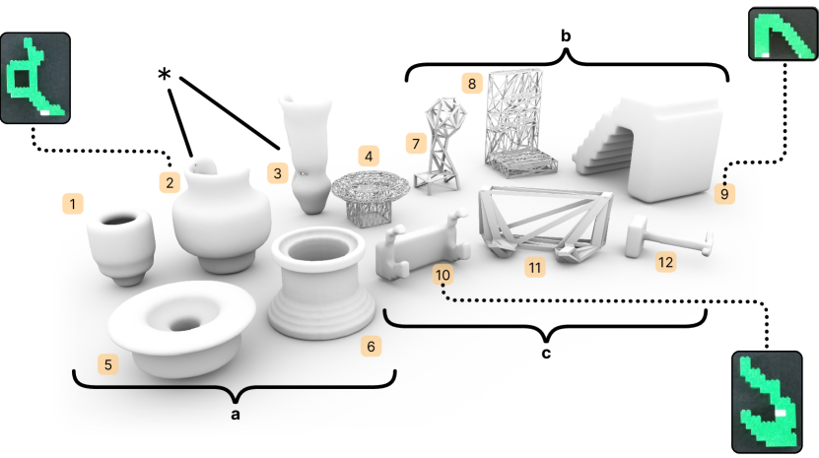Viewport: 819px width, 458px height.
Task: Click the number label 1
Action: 73,204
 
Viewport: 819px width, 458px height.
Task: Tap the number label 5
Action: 108,364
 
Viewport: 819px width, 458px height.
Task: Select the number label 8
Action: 472,84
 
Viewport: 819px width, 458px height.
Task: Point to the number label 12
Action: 665,262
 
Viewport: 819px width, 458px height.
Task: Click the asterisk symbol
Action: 164,74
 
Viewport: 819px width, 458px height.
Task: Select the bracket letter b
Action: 566,36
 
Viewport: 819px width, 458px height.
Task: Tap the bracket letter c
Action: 546,354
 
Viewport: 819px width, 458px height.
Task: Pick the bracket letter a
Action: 236,415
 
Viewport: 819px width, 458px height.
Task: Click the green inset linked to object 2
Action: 35,78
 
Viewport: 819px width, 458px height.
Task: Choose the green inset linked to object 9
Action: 783,33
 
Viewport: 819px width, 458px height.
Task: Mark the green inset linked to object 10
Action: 767,402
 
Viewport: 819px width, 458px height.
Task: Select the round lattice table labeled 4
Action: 371,197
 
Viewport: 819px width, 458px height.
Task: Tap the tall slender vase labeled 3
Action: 307,153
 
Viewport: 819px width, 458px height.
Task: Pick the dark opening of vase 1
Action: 121,220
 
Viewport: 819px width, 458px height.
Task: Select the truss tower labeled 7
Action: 440,145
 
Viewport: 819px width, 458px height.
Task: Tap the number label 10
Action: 443,275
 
